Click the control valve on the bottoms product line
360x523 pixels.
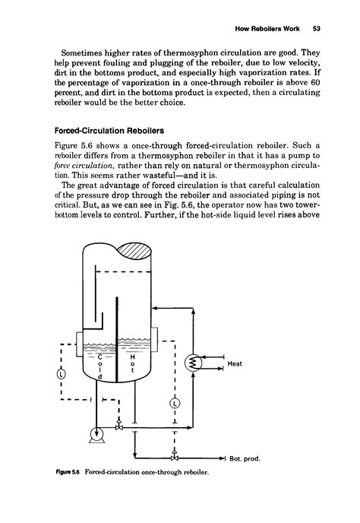175,458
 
